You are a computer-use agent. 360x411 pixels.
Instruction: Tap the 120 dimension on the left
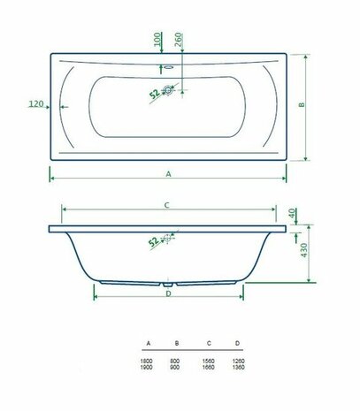pos(36,104)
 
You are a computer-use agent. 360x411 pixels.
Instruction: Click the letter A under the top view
pos(168,174)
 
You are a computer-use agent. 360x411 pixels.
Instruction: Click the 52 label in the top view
pos(154,93)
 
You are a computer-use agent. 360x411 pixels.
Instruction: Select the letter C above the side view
pos(166,204)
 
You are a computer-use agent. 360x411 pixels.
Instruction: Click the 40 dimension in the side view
pos(294,215)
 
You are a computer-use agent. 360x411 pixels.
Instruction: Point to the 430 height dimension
pos(303,252)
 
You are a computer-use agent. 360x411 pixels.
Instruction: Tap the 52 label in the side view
pos(154,240)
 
